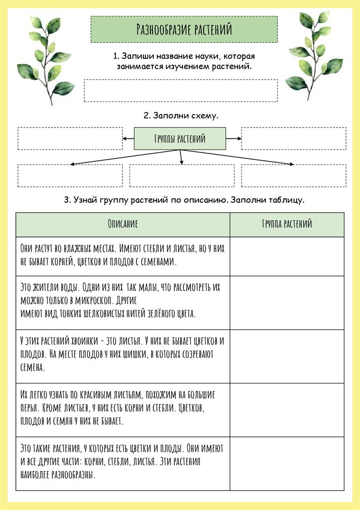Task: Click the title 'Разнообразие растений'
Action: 184,29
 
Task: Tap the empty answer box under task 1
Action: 180,90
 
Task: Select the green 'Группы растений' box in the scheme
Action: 180,138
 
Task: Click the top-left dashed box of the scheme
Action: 70,138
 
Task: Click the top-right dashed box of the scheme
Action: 293,138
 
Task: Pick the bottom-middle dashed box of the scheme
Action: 182,175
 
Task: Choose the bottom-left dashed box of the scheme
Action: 70,175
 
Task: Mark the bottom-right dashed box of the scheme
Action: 293,175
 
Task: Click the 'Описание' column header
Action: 122,224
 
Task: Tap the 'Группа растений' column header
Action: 287,224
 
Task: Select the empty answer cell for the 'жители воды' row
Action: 287,302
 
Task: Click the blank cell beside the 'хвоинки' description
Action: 287,356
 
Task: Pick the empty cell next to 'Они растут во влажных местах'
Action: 287,255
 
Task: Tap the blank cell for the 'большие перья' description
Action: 287,409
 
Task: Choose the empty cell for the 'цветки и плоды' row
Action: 287,463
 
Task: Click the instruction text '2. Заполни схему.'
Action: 181,116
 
